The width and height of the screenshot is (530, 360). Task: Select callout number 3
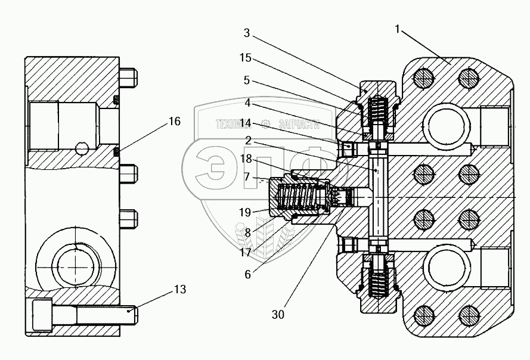tap(246, 34)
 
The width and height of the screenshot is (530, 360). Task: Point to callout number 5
tap(246, 79)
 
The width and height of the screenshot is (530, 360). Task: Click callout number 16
tap(174, 121)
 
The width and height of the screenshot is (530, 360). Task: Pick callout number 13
tap(179, 290)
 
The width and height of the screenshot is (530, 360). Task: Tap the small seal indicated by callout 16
tap(117, 152)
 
